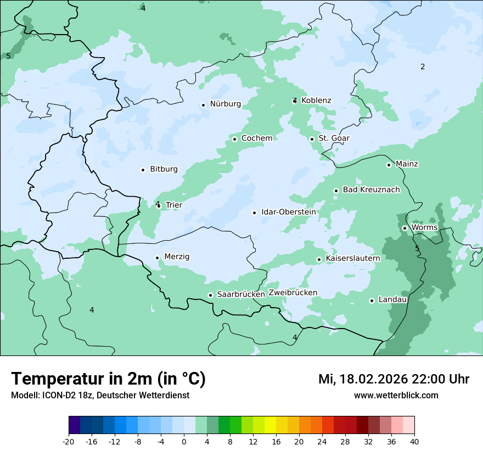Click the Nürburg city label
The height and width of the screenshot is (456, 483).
pos(225,104)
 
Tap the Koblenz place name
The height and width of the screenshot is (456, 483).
pos(316,101)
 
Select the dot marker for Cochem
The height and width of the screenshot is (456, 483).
pos(234,139)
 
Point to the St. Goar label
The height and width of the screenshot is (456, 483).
pos(334,138)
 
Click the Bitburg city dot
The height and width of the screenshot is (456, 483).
pos(143,170)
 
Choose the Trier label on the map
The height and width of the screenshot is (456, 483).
pos(174,205)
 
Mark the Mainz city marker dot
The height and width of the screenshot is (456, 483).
pos(389,165)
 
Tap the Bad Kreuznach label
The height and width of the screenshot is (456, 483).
pos(371,190)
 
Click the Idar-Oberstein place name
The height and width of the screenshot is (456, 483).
pos(288,212)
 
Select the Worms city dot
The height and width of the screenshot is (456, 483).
pos(405,228)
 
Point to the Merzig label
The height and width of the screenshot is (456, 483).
pos(177,257)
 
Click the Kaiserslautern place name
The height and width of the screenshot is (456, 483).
pos(352,258)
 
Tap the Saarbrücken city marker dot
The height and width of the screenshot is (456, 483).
pos(210,295)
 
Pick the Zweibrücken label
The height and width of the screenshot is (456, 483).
pos(293,293)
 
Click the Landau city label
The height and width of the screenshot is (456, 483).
pos(392,300)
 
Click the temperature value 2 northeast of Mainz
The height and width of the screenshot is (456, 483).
pos(423,67)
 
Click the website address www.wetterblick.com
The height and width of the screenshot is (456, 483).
pos(396,396)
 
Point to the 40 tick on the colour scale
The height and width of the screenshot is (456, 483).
pos(414,441)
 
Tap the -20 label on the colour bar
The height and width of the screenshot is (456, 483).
pos(68,441)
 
